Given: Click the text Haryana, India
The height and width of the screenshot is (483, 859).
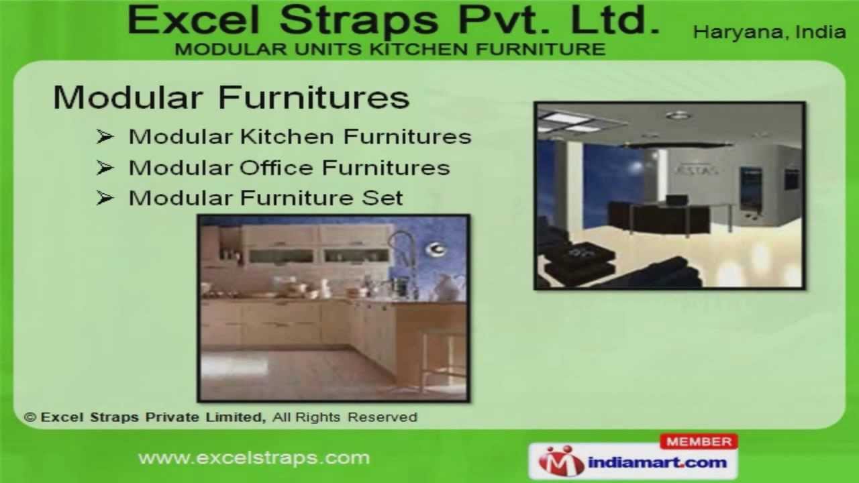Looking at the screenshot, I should coord(769,32).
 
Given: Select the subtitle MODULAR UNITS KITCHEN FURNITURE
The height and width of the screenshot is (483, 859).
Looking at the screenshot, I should coord(390,49).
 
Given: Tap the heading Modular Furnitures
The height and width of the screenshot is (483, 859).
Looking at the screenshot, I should coord(231,97).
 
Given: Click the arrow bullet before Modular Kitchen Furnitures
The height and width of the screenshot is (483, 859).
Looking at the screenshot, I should coord(105,137).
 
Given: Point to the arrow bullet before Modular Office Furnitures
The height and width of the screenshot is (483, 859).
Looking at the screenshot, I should coord(105,168).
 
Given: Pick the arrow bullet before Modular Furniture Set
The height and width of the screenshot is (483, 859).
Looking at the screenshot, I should coord(105,199).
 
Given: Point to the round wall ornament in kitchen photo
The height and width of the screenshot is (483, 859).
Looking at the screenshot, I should coord(435,250).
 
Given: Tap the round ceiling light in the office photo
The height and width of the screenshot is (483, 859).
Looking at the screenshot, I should coord(678,115).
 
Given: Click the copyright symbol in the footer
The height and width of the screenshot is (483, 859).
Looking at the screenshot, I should coord(30,417).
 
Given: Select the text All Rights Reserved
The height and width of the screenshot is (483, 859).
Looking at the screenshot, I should coord(345,417).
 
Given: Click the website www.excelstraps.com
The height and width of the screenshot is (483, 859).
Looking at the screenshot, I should coord(254,458).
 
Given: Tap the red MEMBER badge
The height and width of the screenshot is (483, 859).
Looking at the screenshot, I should coord(699,441).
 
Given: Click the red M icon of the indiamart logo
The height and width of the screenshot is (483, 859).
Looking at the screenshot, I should coord(562,461).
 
